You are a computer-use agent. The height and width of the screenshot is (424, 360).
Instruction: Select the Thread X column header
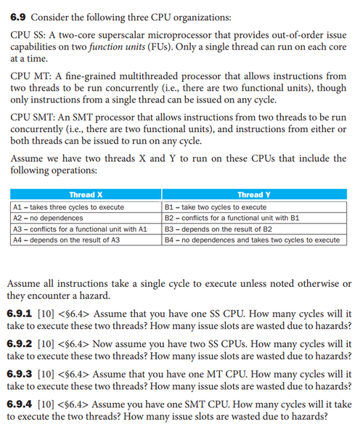tap(85, 195)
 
